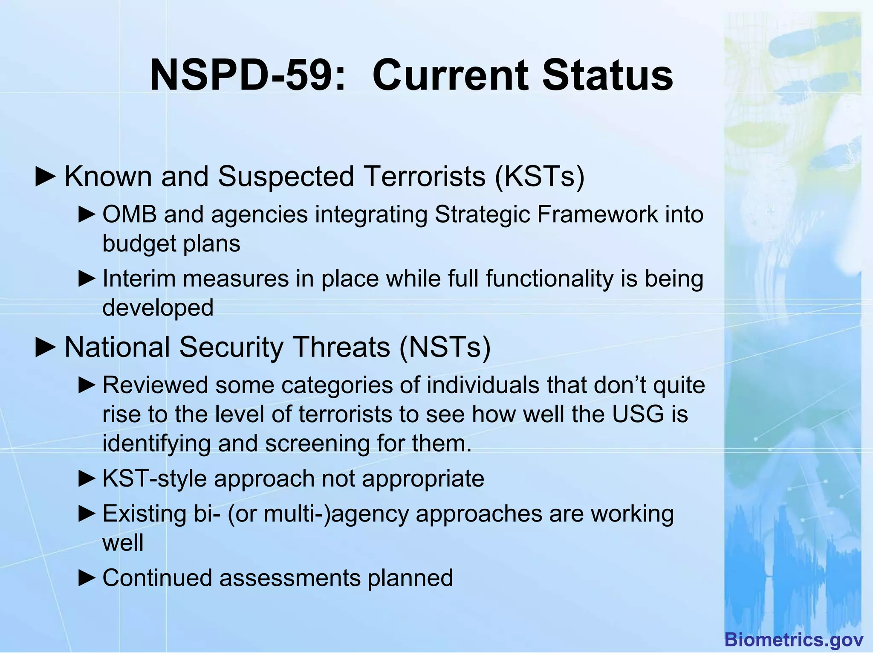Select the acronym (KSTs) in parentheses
coord(540,176)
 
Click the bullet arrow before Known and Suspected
coord(46,177)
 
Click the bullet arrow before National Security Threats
coord(46,348)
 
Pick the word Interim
coord(139,278)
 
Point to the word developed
coord(158,307)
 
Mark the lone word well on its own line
coord(123,543)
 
